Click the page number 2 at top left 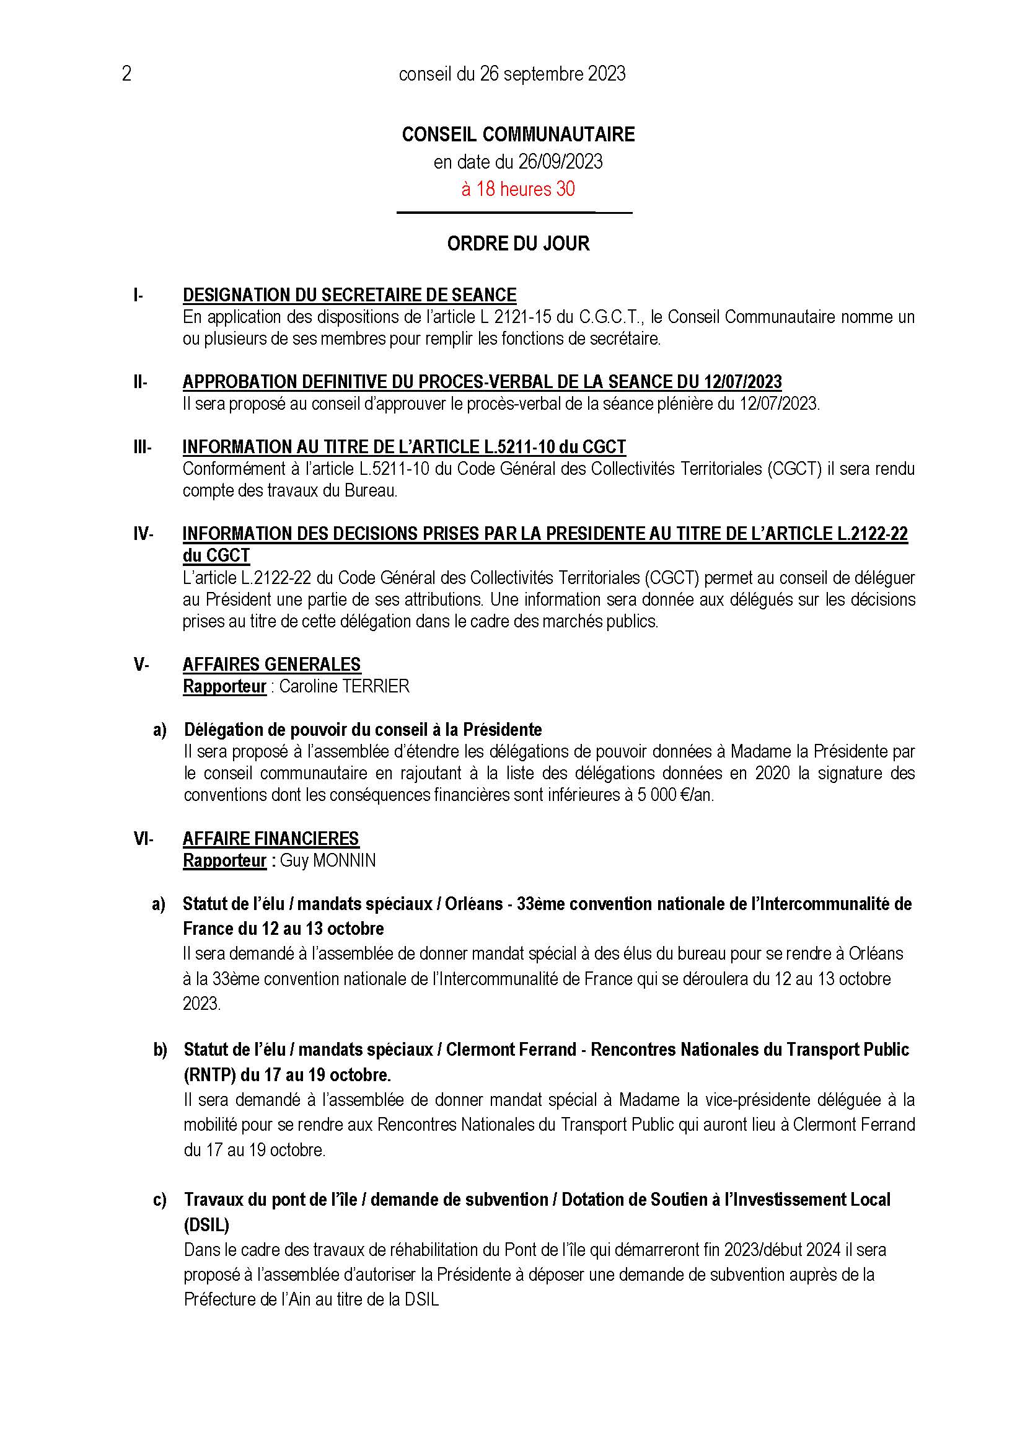126,74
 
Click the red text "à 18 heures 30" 517,189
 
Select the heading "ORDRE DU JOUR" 517,244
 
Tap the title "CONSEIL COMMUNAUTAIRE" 517,135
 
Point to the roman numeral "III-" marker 142,447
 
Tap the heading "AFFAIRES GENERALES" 271,665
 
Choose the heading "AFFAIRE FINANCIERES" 271,839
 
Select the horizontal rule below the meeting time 514,213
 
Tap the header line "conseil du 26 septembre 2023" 512,74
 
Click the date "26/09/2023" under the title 560,162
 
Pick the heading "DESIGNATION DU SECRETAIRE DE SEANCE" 349,295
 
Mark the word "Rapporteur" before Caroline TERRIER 224,686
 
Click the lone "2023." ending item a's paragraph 202,1004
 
